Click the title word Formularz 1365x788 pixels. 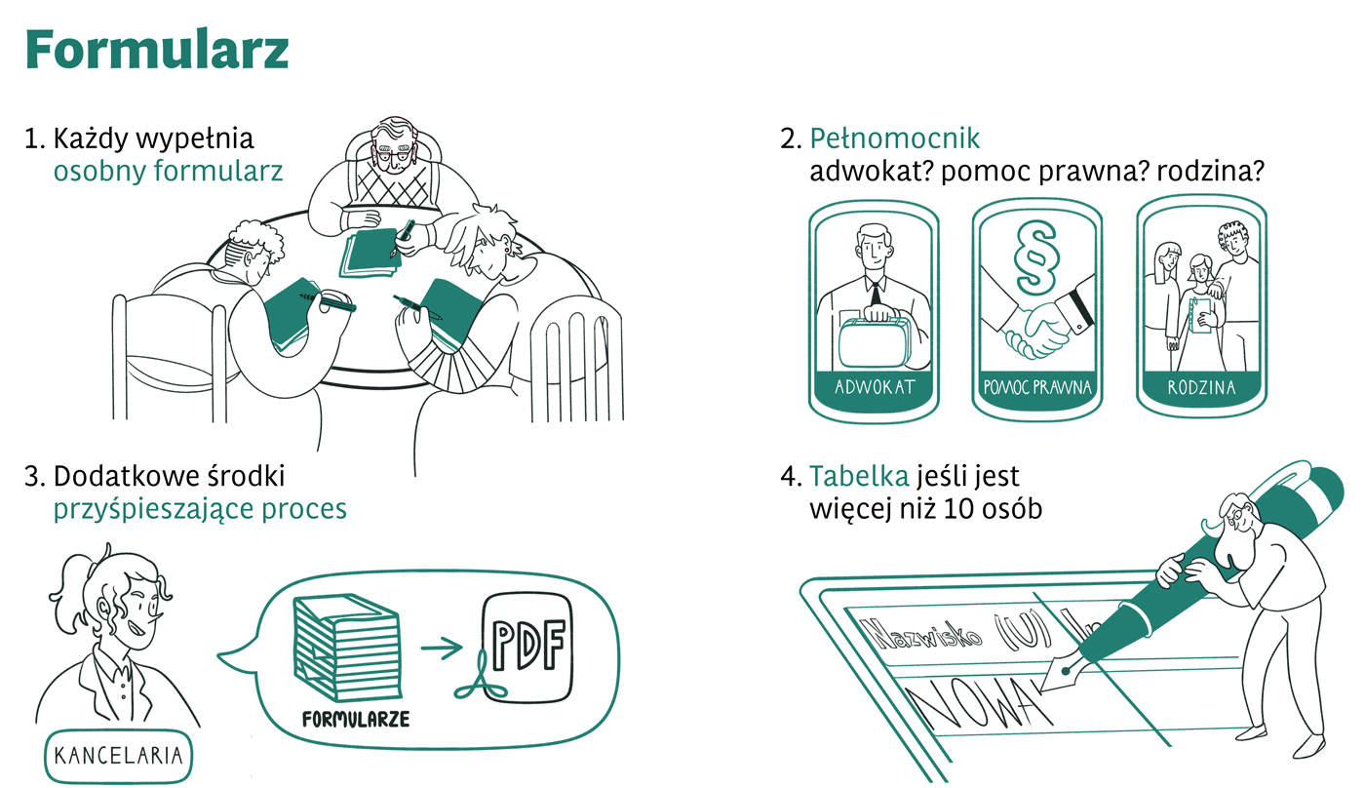click(x=157, y=50)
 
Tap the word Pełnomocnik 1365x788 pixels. click(x=894, y=138)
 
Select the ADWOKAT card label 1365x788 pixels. click(x=875, y=387)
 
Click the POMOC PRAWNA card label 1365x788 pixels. click(x=1037, y=387)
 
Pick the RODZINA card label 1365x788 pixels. click(x=1201, y=387)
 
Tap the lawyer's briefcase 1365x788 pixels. click(x=876, y=341)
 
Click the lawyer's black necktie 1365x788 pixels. click(x=876, y=294)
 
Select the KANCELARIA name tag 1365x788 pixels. click(x=118, y=756)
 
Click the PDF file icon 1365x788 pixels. click(x=527, y=648)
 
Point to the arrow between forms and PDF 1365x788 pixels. click(x=441, y=648)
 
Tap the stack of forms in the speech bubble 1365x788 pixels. click(x=347, y=648)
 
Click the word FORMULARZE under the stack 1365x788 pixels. click(x=356, y=719)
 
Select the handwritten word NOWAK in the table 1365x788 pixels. click(x=978, y=707)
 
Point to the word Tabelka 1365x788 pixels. click(x=859, y=477)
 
